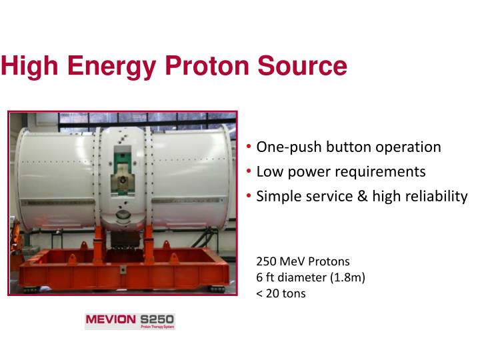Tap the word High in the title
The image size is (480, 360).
[29, 67]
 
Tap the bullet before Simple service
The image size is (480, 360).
[249, 197]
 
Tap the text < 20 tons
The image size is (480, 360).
[281, 293]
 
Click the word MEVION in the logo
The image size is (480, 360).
[110, 319]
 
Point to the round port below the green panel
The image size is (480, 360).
[123, 215]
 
